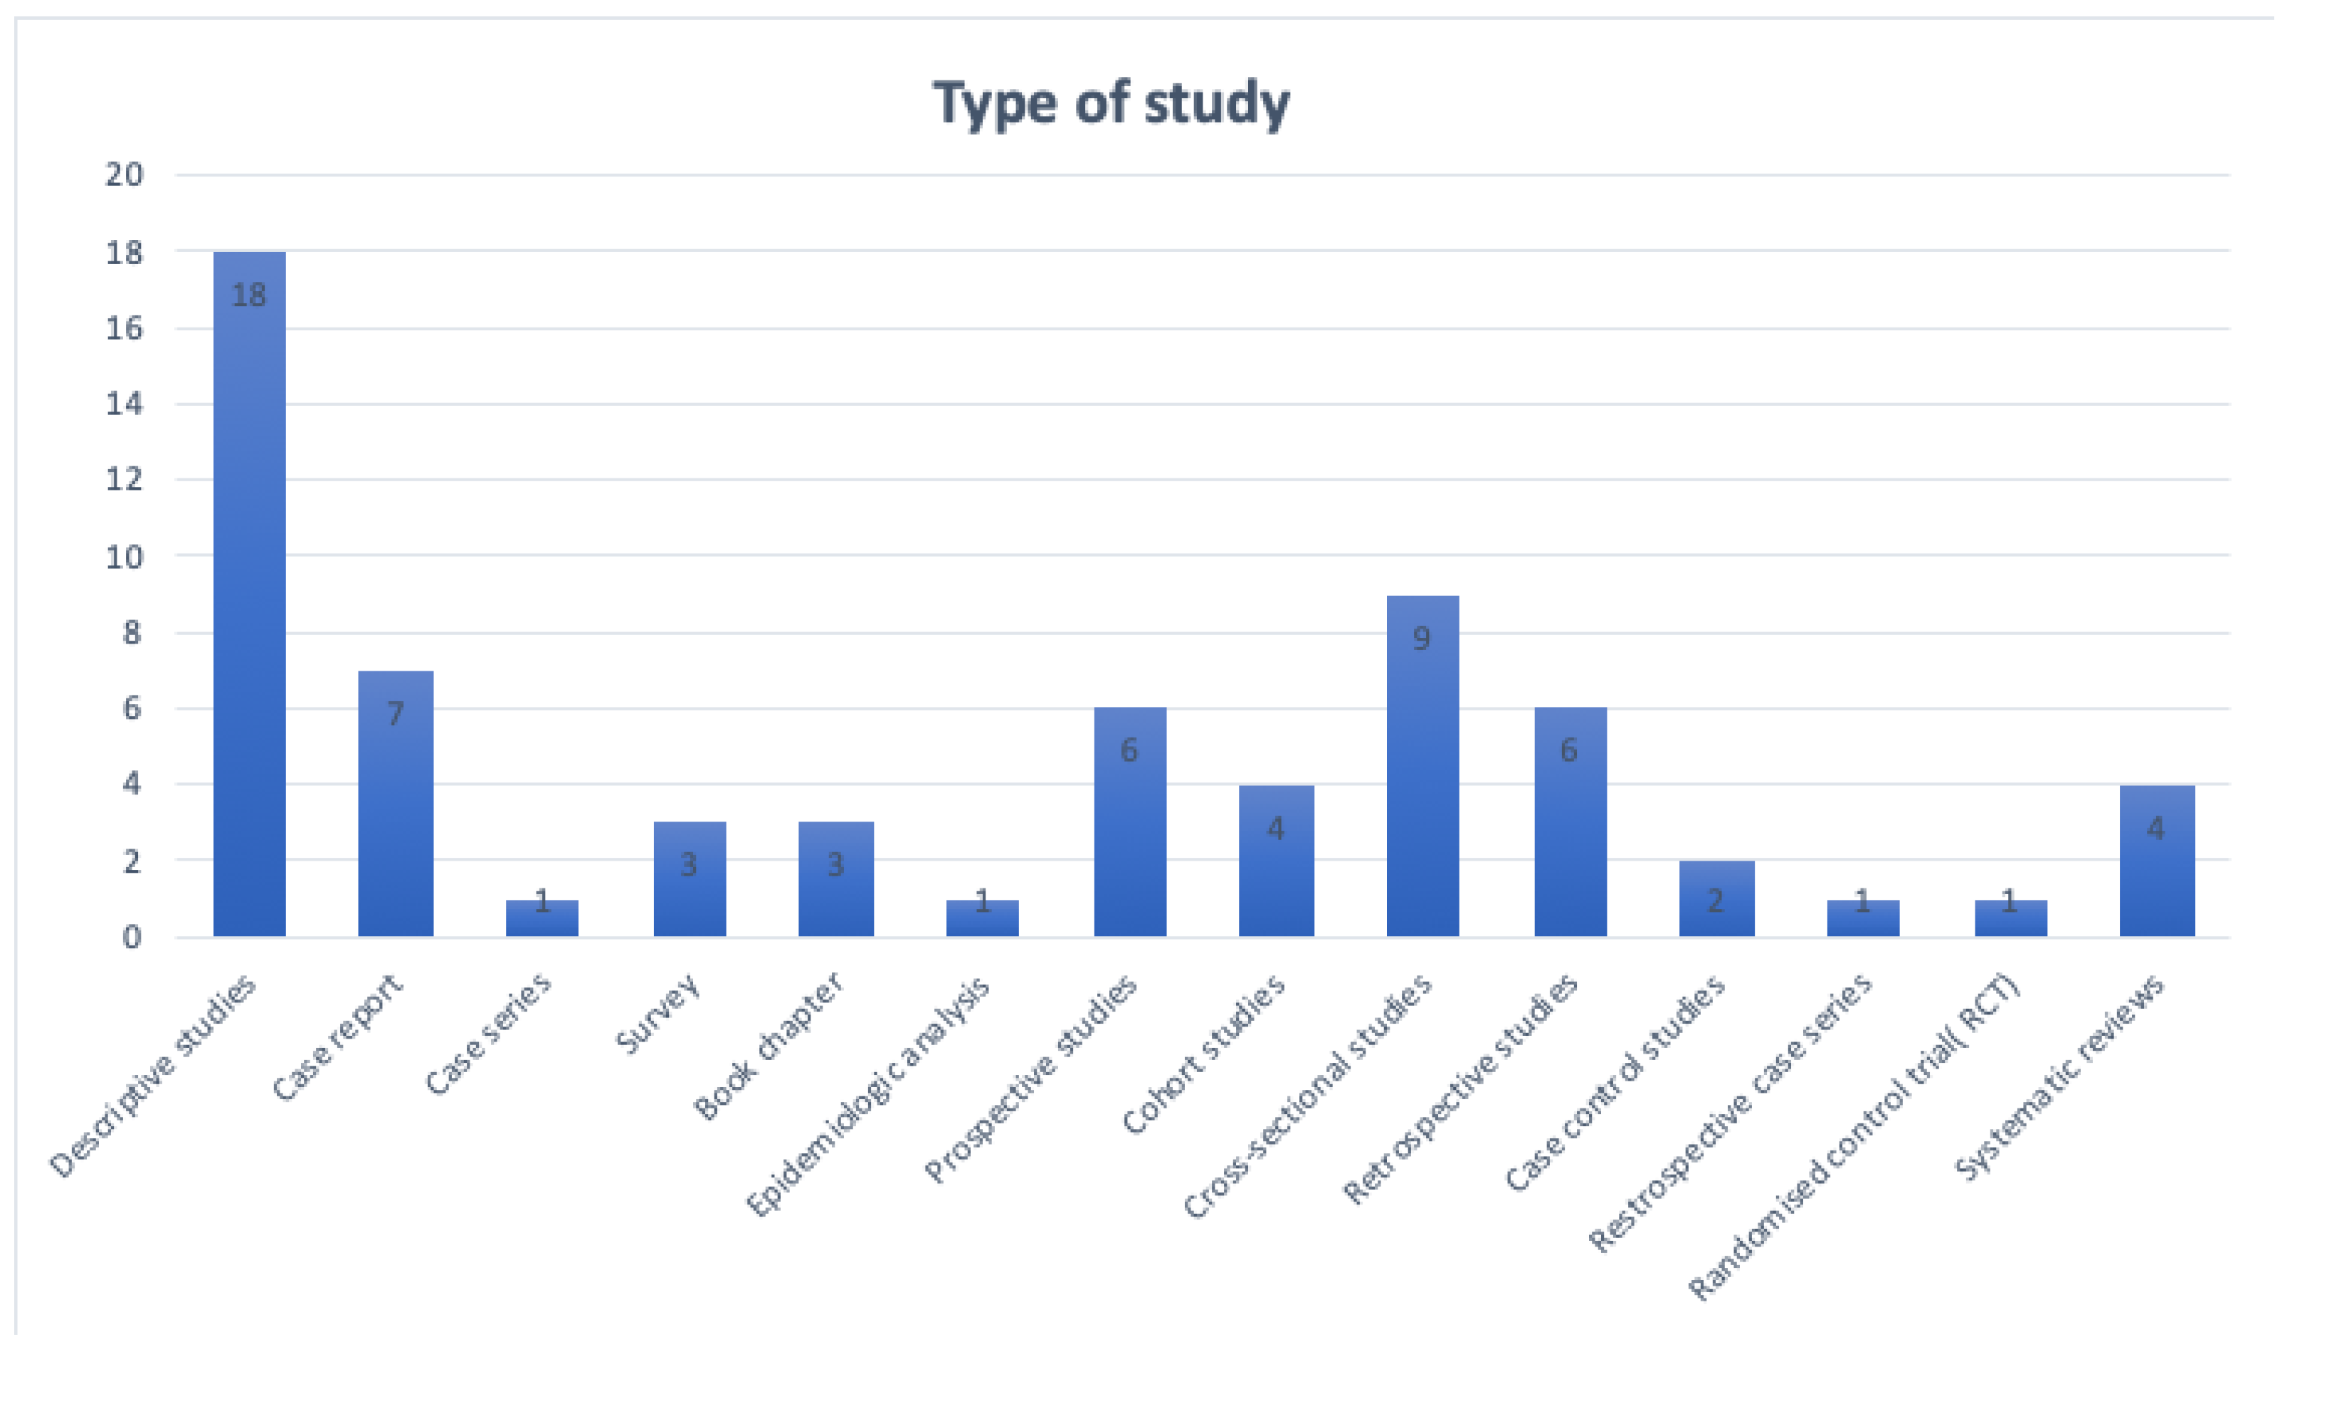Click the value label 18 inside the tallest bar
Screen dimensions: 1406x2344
249,295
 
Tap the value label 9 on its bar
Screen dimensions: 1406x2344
1422,639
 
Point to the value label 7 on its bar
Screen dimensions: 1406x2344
396,713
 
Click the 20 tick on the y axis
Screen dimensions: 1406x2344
124,174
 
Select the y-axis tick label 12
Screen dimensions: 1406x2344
124,479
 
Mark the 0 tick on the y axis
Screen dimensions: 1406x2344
132,937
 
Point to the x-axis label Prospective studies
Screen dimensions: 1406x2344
1030,1079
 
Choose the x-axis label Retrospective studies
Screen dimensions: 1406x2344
1460,1088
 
